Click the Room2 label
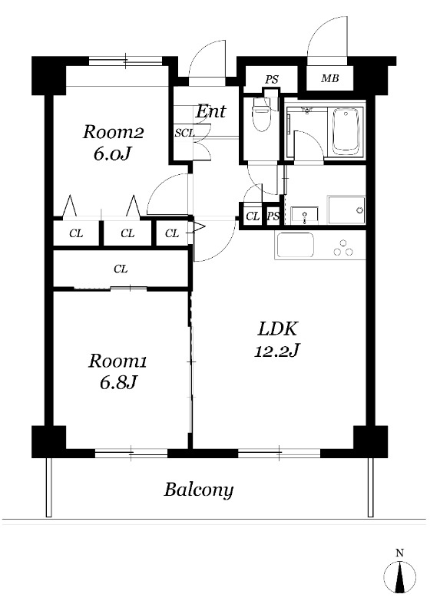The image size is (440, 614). tap(113, 132)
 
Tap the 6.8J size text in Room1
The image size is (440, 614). tap(117, 382)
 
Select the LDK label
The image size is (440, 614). tap(278, 328)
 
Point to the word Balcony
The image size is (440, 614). tap(199, 490)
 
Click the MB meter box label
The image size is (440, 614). tap(329, 78)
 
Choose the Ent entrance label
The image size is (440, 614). tap(211, 111)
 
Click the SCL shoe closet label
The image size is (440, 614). tap(184, 133)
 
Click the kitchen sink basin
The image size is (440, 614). tap(295, 246)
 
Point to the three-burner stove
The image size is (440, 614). tap(343, 248)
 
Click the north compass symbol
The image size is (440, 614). tap(399, 576)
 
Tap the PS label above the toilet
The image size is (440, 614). tap(272, 80)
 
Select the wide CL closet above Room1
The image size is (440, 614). tap(121, 269)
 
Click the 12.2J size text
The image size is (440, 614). tap(277, 351)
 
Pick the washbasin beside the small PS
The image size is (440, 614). tap(305, 216)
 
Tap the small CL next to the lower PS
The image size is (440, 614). tap(253, 216)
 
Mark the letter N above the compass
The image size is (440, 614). tap(399, 553)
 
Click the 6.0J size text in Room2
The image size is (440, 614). tap(111, 154)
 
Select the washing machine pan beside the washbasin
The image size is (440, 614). tap(346, 210)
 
